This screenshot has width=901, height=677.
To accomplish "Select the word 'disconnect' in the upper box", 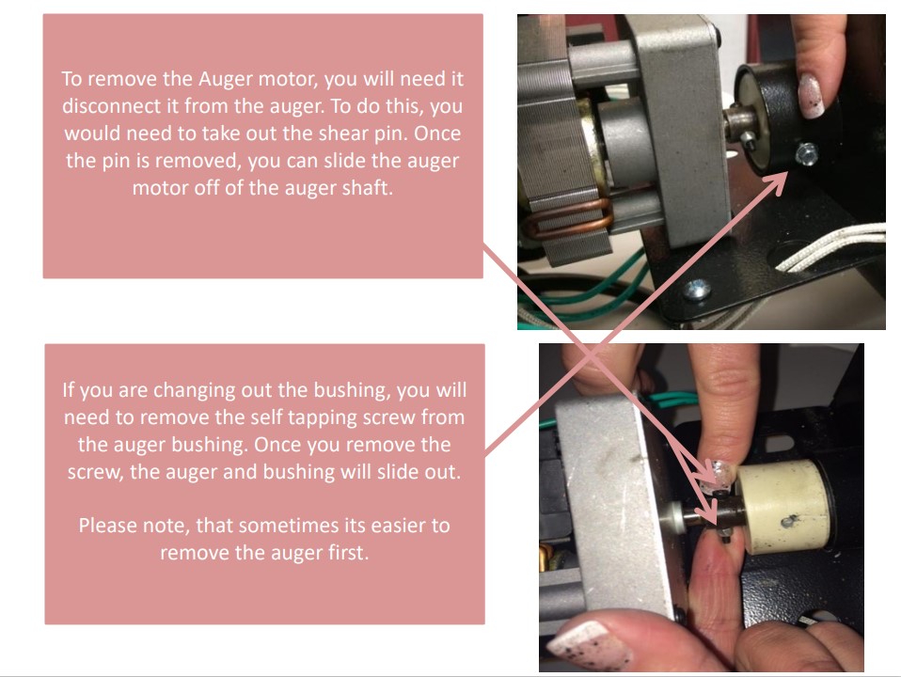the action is point(110,106).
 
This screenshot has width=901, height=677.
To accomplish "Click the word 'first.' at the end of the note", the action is point(348,553).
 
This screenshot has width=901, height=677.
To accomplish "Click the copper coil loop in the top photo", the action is point(569,219).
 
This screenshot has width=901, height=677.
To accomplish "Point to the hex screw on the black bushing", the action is point(806,154).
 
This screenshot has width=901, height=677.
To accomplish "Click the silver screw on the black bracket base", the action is point(696,289).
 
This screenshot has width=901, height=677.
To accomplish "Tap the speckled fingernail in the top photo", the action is point(811,96).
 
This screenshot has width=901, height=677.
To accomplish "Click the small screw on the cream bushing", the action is point(789,521).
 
